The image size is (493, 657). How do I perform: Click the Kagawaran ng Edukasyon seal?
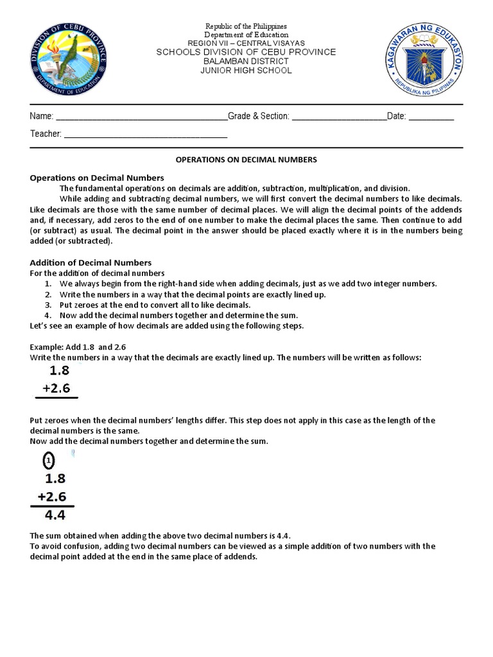(x=424, y=62)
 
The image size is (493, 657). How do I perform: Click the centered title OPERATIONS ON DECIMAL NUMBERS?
(x=246, y=159)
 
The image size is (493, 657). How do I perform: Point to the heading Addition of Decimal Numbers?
(x=91, y=262)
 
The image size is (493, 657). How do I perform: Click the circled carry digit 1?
(x=49, y=461)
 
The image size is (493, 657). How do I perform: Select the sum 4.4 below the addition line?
(x=55, y=515)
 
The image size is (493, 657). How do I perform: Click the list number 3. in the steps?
(x=48, y=305)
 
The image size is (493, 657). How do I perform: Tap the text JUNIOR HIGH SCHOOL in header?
(x=246, y=71)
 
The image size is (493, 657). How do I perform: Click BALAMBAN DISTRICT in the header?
(x=246, y=62)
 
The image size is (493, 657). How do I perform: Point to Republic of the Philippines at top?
(x=246, y=26)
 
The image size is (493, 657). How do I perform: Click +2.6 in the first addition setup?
(x=56, y=388)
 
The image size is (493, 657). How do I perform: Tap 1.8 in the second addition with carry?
(x=55, y=478)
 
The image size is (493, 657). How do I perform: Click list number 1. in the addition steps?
(x=48, y=284)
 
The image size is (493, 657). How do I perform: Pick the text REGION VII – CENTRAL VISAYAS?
(x=246, y=43)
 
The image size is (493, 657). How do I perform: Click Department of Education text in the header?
(x=246, y=35)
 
